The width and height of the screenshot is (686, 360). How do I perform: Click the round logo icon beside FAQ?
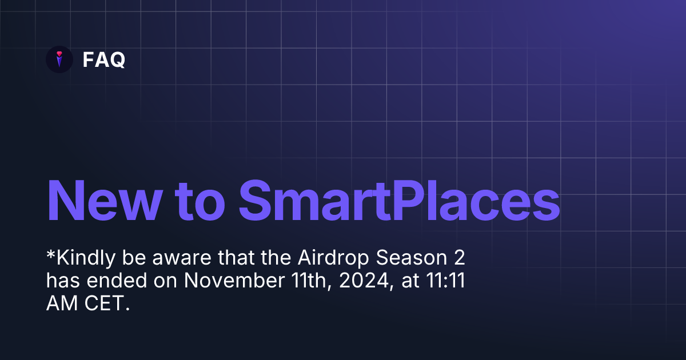click(x=59, y=59)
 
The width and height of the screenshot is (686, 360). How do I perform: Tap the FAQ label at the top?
click(x=103, y=59)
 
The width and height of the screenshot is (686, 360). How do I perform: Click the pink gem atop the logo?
click(x=59, y=54)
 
